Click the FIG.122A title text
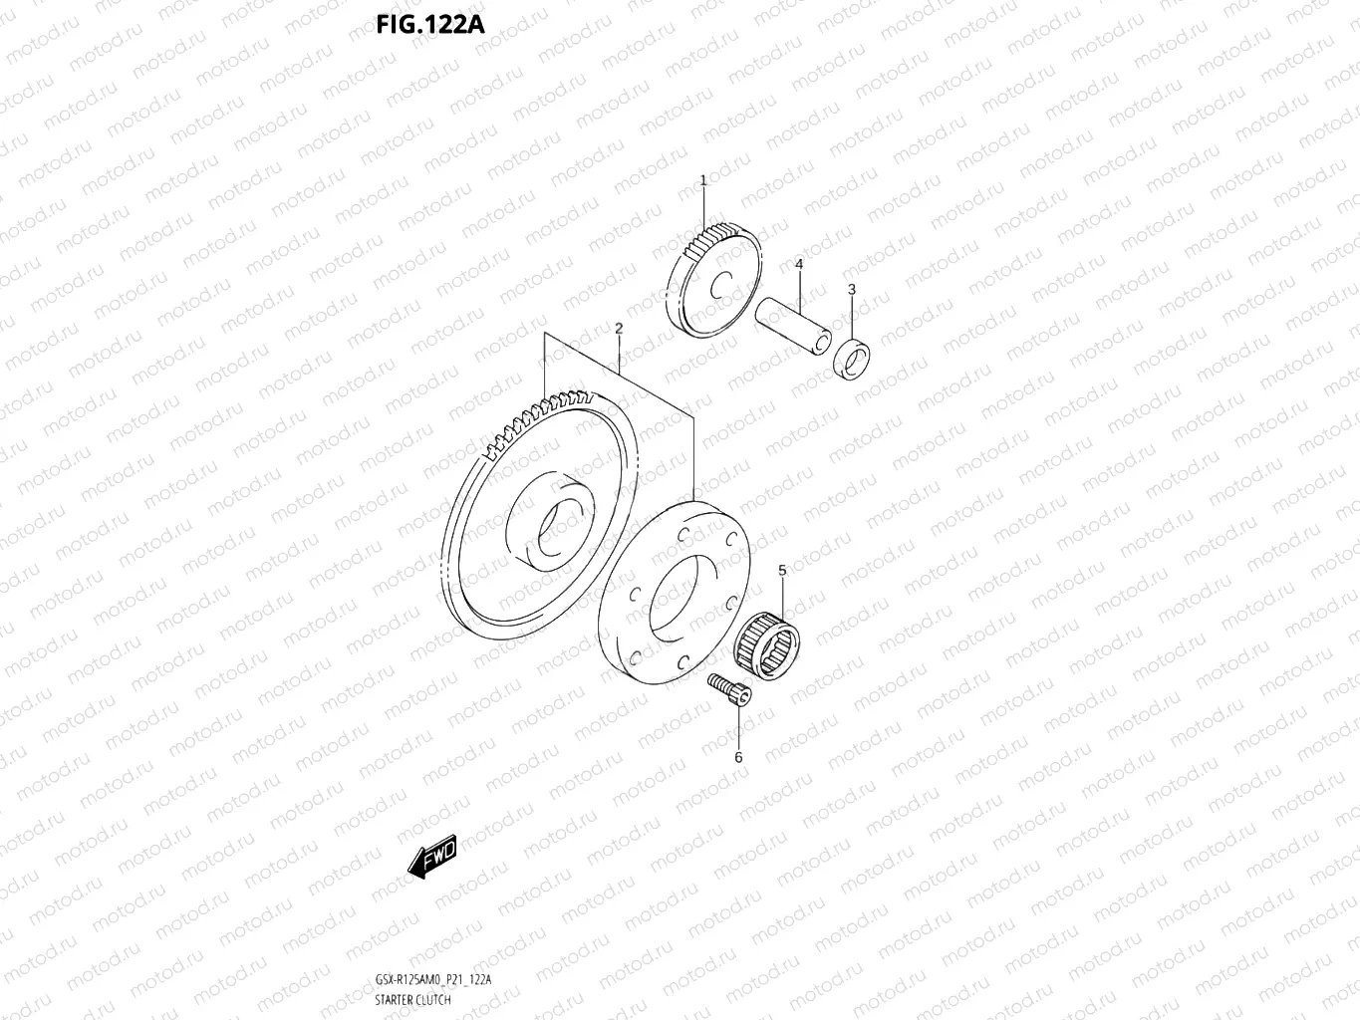pyautogui.click(x=430, y=23)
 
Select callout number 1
pyautogui.click(x=702, y=180)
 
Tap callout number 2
pyautogui.click(x=619, y=328)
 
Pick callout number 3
pyautogui.click(x=851, y=289)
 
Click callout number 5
pyautogui.click(x=782, y=570)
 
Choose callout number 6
pyautogui.click(x=738, y=757)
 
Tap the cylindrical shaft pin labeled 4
pyautogui.click(x=792, y=324)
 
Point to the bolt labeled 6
pyautogui.click(x=730, y=691)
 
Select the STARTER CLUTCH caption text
pyautogui.click(x=413, y=999)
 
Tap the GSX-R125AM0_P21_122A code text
pyautogui.click(x=433, y=979)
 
